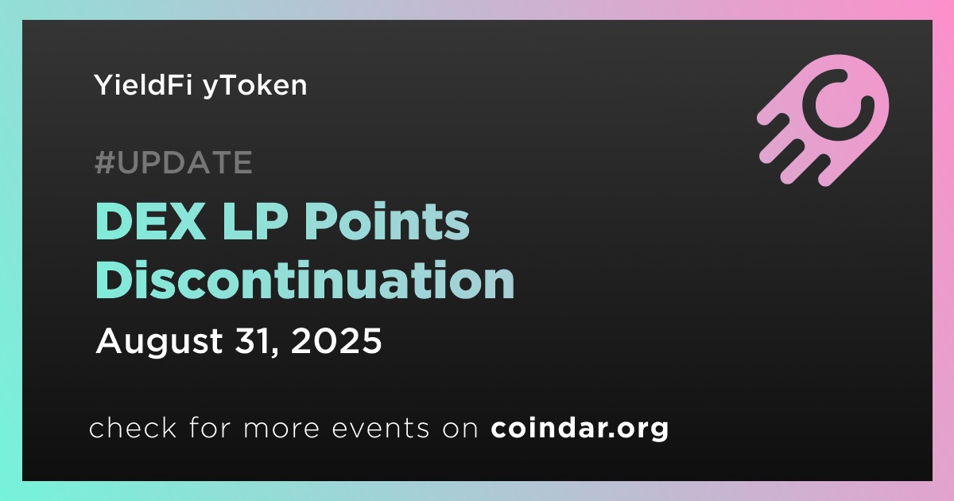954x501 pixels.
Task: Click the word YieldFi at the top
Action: pyautogui.click(x=142, y=84)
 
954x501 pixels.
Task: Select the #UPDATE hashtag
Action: pyautogui.click(x=173, y=162)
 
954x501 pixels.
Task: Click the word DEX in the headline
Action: pyautogui.click(x=150, y=222)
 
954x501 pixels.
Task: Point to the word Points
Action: pyautogui.click(x=386, y=221)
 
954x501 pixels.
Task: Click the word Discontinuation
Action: pyautogui.click(x=304, y=279)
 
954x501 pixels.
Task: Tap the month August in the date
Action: pyautogui.click(x=159, y=343)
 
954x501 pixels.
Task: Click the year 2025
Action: pyautogui.click(x=336, y=341)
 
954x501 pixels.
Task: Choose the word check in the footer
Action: pyautogui.click(x=133, y=427)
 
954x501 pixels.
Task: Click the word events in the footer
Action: pyautogui.click(x=380, y=428)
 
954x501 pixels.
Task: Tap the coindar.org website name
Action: pyautogui.click(x=580, y=428)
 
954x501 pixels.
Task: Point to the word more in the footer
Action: pyautogui.click(x=281, y=429)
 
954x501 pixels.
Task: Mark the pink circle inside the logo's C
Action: pyautogui.click(x=838, y=105)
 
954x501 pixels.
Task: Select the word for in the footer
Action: pyautogui.click(x=210, y=427)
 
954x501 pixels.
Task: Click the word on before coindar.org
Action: pyautogui.click(x=460, y=429)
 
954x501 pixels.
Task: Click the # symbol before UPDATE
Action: pyautogui.click(x=105, y=162)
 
